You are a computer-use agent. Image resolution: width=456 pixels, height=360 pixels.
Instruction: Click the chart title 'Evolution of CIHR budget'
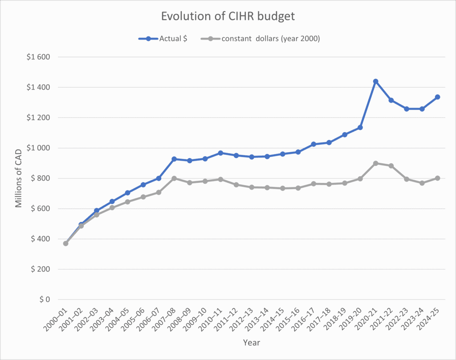(x=228, y=16)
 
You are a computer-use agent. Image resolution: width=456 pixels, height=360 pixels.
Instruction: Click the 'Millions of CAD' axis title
(x=19, y=178)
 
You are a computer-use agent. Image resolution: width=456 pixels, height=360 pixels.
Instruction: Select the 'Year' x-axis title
(x=251, y=343)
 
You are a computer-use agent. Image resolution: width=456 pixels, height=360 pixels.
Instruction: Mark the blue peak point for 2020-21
(x=375, y=81)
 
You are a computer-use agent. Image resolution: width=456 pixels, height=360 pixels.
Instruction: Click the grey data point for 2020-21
(x=375, y=163)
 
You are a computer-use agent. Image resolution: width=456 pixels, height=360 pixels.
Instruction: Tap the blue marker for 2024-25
(x=437, y=97)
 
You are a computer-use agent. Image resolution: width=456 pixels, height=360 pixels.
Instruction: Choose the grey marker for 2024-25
(x=437, y=178)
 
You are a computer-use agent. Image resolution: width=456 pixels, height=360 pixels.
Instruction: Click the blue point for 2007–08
(x=174, y=159)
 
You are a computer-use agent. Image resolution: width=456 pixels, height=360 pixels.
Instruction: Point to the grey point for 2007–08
(x=174, y=178)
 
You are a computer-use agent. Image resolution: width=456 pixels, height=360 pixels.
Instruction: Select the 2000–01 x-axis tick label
(x=57, y=320)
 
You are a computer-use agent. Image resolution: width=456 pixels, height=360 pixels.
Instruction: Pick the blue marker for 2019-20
(x=360, y=128)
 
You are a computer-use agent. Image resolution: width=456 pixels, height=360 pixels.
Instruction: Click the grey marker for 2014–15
(x=282, y=188)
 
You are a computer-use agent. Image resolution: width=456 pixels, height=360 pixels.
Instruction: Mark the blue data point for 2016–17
(x=313, y=144)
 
